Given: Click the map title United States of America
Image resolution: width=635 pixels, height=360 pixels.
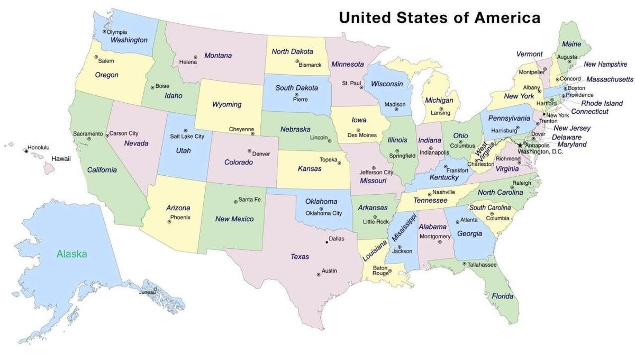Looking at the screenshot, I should click(x=439, y=17).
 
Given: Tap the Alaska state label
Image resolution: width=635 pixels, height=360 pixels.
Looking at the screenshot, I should click(x=72, y=254).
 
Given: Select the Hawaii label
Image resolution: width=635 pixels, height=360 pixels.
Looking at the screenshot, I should click(x=61, y=159).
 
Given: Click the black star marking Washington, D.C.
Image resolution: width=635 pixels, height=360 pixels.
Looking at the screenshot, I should click(x=520, y=146).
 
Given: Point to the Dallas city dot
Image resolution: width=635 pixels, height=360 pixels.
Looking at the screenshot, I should click(x=326, y=242).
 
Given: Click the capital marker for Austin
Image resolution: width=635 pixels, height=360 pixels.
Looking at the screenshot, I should click(x=319, y=274).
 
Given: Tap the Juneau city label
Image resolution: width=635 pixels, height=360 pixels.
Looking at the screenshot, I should click(x=147, y=292).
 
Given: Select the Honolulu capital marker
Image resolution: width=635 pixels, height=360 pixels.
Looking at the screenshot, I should click(x=25, y=151).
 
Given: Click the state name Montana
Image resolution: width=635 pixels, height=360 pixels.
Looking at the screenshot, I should click(x=217, y=56).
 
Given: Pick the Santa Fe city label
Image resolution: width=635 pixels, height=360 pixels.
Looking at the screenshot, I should click(x=249, y=200).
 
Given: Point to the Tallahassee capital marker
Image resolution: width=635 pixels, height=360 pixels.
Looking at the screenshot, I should click(x=464, y=263).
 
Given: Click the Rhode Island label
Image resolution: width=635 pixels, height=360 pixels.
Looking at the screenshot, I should click(x=602, y=103).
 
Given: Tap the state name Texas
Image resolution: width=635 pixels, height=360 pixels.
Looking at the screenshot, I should click(x=300, y=257).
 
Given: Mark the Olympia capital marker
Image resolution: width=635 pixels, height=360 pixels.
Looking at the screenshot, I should click(x=104, y=32).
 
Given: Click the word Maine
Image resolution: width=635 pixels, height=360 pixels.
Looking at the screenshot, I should click(x=571, y=44).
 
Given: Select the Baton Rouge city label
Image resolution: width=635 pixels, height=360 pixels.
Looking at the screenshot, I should click(x=380, y=271).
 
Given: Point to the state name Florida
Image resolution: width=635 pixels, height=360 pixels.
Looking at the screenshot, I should click(x=502, y=296).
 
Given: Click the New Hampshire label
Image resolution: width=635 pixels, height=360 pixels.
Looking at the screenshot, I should click(x=605, y=65).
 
